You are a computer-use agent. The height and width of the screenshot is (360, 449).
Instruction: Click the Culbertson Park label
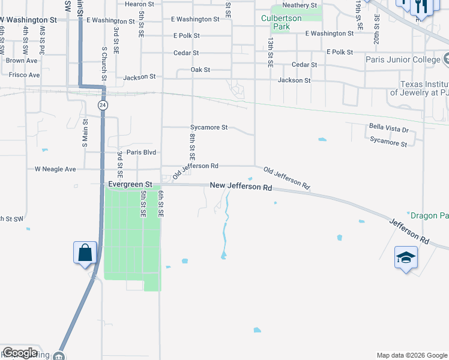pyautogui.click(x=276, y=22)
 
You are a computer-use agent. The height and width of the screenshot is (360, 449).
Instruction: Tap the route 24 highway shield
pyautogui.click(x=103, y=105)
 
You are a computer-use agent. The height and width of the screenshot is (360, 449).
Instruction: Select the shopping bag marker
pyautogui.click(x=85, y=253)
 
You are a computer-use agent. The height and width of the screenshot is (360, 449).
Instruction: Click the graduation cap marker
pyautogui.click(x=406, y=257)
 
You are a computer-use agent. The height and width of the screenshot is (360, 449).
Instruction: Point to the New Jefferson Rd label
pyautogui.click(x=241, y=187)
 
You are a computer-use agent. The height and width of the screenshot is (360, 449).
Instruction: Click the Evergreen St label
pyautogui.click(x=130, y=185)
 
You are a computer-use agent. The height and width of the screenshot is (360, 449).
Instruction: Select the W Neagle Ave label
pyautogui.click(x=55, y=169)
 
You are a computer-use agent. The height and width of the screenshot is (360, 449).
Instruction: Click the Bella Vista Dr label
pyautogui.click(x=388, y=130)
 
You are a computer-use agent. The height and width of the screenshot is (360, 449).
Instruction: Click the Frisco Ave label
pyautogui.click(x=24, y=75)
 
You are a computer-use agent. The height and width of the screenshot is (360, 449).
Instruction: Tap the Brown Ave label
pyautogui.click(x=22, y=61)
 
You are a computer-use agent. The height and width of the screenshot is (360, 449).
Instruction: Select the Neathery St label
pyautogui.click(x=300, y=5)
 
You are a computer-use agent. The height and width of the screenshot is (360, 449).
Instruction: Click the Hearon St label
pyautogui.click(x=140, y=4)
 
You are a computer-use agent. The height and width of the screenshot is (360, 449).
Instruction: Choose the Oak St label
pyautogui.click(x=200, y=70)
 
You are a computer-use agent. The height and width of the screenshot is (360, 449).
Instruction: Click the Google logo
pyautogui.click(x=20, y=353)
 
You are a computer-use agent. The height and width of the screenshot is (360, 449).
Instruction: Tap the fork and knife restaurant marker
pyautogui.click(x=422, y=7)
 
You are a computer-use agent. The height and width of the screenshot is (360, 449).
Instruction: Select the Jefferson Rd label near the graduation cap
pyautogui.click(x=409, y=231)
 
